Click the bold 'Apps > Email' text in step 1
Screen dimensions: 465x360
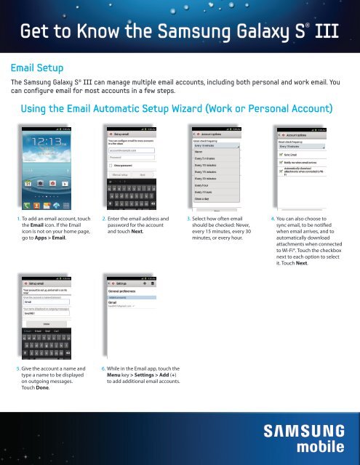[46, 237]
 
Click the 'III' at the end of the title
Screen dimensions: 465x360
[341, 31]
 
